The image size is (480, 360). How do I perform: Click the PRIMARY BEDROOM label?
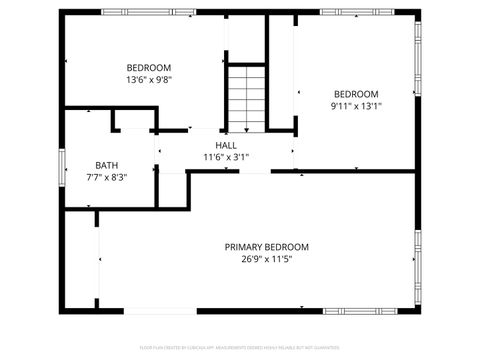coord(266,247)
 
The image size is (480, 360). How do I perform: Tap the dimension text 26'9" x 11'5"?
coord(266,258)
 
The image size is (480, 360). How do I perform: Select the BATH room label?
coord(107,165)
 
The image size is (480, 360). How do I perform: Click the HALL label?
coord(226,146)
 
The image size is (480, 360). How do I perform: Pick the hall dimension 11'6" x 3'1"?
coord(226,157)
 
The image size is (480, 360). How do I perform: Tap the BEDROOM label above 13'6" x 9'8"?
coord(149,68)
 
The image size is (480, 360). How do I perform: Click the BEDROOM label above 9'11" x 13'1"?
coord(357,94)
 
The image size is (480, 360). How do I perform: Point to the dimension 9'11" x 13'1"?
coord(357,105)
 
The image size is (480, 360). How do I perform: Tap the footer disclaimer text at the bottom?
coord(240,346)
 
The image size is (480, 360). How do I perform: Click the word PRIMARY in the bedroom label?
coord(245,247)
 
